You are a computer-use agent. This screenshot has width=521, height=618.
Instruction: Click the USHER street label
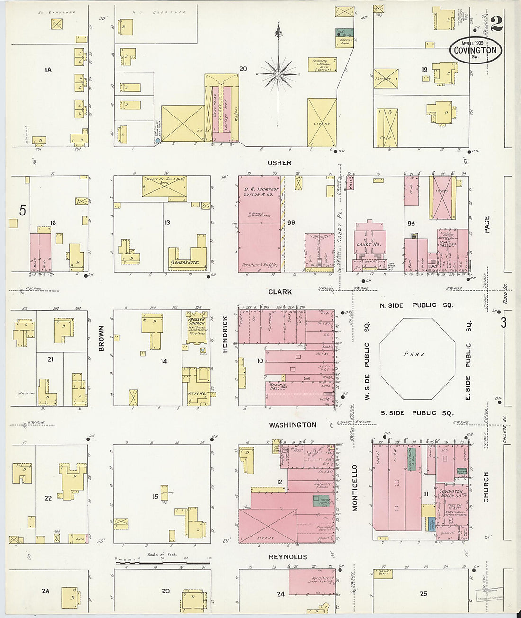(279, 163)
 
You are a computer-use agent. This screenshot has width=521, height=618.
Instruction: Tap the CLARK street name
(280, 292)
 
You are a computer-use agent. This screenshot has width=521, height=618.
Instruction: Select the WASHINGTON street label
(293, 425)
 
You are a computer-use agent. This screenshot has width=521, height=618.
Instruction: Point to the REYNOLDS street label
(288, 557)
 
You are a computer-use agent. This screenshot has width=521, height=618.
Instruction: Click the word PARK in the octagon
(414, 354)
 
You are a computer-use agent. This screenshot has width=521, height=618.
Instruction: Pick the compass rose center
(278, 74)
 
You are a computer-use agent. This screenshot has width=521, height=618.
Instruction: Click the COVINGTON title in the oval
(475, 50)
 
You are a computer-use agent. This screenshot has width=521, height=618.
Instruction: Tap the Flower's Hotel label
(187, 262)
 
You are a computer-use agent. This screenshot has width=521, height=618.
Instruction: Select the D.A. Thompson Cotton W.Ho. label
(261, 191)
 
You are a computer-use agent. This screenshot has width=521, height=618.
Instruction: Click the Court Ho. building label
(368, 245)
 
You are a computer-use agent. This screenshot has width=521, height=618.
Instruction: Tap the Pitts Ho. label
(196, 394)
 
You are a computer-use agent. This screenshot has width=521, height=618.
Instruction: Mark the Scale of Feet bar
(162, 563)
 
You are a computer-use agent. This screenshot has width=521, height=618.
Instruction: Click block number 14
(164, 361)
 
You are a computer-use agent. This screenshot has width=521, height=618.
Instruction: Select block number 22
(48, 498)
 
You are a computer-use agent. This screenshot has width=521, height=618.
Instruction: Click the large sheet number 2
(496, 24)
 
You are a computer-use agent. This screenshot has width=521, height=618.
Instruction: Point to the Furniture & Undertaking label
(322, 580)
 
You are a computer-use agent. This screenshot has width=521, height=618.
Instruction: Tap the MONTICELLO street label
(355, 487)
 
